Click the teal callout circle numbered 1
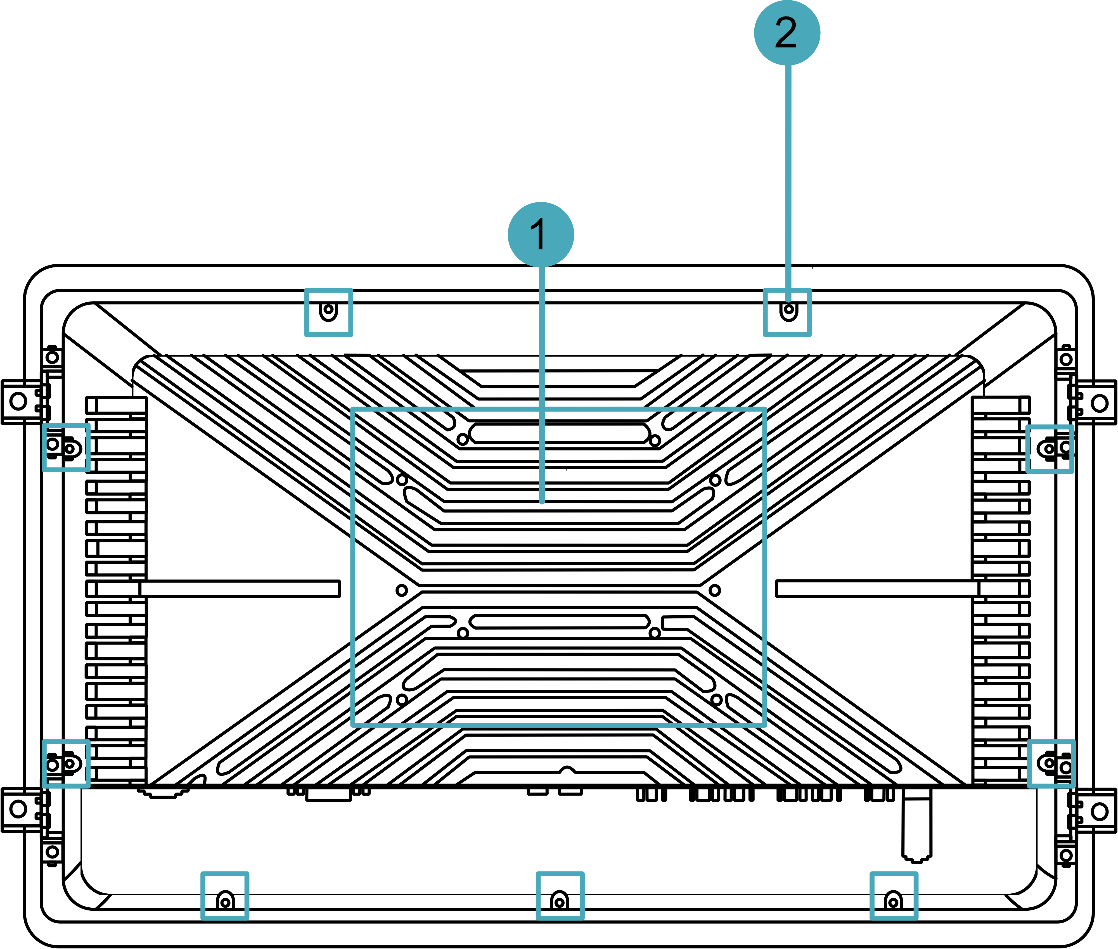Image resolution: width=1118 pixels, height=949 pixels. pos(541,234)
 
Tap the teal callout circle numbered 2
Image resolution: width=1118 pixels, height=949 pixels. pos(787,32)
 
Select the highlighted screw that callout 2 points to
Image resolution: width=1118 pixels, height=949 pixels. pos(788,310)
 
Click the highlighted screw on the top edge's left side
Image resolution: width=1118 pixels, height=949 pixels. pos(328,310)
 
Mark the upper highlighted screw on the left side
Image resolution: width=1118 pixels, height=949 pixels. pos(70,448)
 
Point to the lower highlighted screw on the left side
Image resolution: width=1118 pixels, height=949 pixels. pos(70,764)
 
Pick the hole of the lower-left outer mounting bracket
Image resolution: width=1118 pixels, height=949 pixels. pos(18,809)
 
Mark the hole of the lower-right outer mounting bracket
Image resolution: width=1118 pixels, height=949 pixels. pos(1100,811)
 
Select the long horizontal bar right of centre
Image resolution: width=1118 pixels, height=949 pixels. pos(877,589)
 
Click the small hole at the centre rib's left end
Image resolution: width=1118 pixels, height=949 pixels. pos(401,590)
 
